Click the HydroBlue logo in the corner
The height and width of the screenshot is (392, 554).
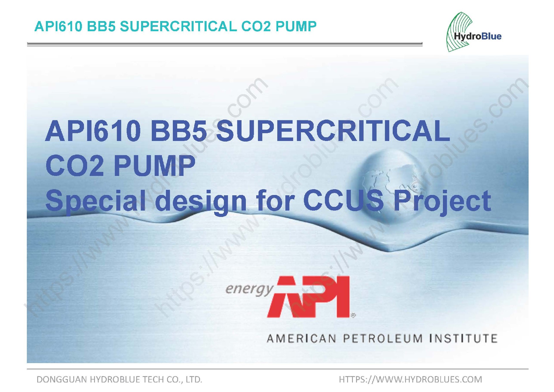tap(473, 32)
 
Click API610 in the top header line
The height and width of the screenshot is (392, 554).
tap(58, 27)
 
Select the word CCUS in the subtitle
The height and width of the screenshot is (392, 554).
tap(344, 200)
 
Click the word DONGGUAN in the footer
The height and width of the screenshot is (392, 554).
tap(62, 379)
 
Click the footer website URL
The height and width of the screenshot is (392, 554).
tap(410, 379)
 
